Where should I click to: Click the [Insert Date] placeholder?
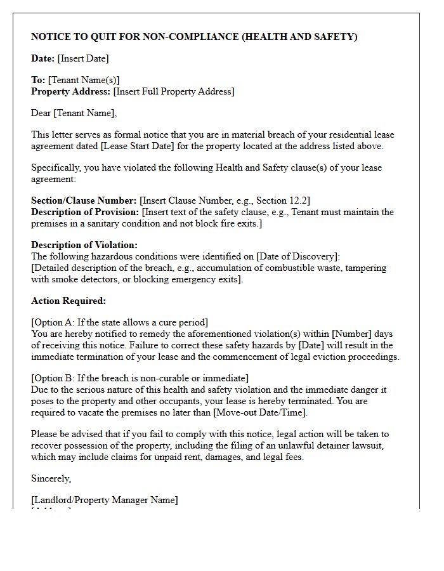(x=83, y=58)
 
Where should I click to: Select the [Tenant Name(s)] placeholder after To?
(x=84, y=80)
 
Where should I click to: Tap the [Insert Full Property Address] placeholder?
(x=174, y=91)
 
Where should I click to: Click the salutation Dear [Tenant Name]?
(x=74, y=113)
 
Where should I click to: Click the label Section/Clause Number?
(x=84, y=200)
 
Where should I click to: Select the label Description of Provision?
(x=85, y=212)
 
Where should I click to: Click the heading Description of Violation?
(x=84, y=245)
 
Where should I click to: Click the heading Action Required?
(x=69, y=301)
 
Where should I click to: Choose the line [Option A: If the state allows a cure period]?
(x=119, y=322)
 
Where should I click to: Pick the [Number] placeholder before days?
(x=352, y=334)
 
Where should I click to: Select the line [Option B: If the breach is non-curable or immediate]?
(x=140, y=378)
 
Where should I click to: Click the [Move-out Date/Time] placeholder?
(x=259, y=412)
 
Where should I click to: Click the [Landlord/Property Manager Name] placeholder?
(x=105, y=500)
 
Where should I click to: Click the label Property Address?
(x=71, y=91)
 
